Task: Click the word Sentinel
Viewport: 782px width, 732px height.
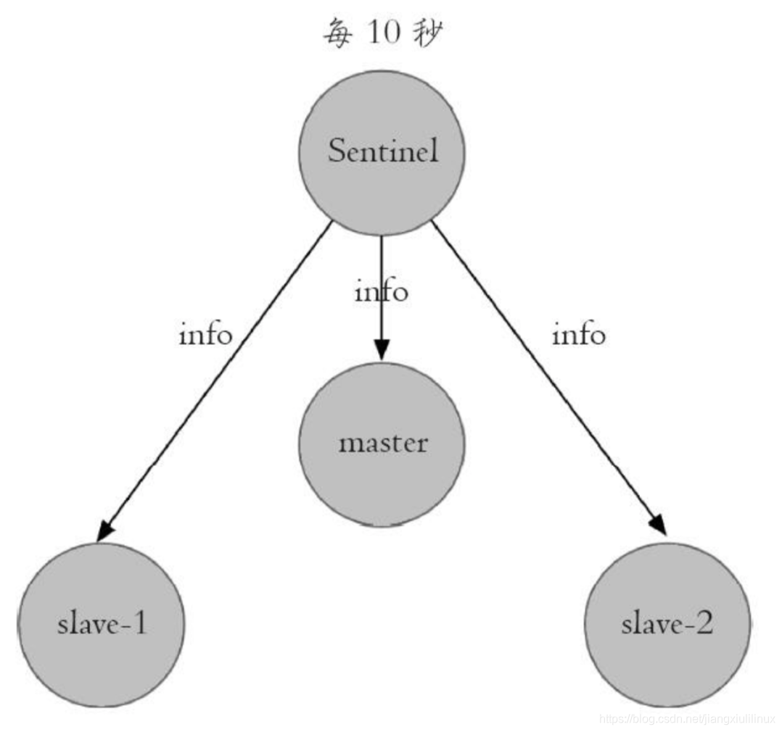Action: [x=382, y=151]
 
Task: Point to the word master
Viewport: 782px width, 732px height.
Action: [x=382, y=443]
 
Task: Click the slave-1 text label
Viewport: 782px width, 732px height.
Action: [x=101, y=623]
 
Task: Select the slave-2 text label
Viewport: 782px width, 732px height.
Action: [x=667, y=623]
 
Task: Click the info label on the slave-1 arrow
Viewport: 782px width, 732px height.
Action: [x=205, y=335]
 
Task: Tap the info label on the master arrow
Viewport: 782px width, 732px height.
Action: [x=381, y=291]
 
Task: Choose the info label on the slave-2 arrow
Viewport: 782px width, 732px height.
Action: [x=578, y=335]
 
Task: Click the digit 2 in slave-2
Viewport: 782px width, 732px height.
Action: [x=703, y=623]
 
